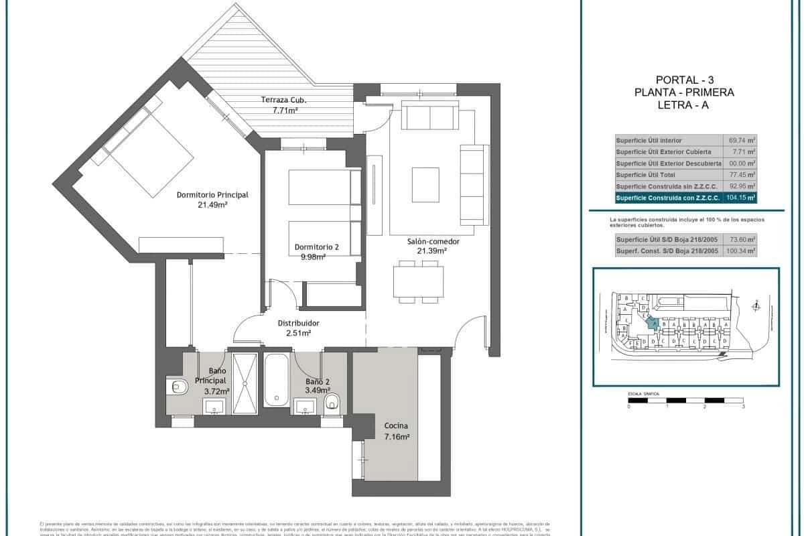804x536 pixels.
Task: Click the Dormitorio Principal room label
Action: (x=212, y=195)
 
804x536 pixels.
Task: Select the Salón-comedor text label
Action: (x=427, y=241)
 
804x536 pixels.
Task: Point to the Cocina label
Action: (x=396, y=426)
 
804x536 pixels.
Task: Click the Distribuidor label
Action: (x=298, y=323)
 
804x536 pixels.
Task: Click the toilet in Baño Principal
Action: (x=177, y=387)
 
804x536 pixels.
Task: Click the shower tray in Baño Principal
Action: (x=245, y=384)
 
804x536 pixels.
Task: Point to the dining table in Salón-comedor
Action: (x=416, y=281)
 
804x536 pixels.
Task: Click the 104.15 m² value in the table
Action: (x=741, y=198)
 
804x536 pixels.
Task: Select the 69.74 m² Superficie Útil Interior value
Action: (x=742, y=141)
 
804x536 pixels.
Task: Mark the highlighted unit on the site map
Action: (x=652, y=322)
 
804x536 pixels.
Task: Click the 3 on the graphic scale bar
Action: (x=744, y=407)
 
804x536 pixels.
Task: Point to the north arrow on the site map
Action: (x=756, y=306)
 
